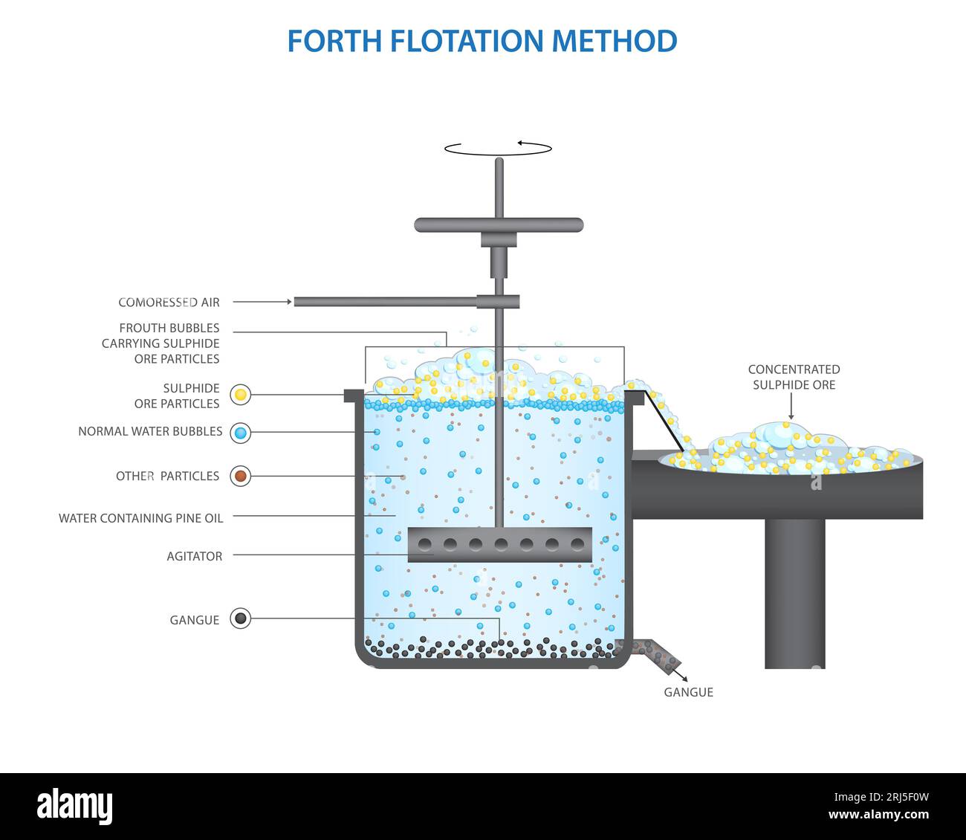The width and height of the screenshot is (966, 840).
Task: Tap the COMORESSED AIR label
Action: tap(169, 303)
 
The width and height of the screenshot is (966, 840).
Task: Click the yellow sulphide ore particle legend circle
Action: tap(240, 395)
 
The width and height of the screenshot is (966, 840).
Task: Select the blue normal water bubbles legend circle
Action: tap(240, 433)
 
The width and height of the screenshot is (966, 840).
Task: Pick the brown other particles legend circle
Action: tap(240, 476)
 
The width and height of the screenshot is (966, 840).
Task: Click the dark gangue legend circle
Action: tap(240, 618)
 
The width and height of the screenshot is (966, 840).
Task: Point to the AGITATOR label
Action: tap(194, 556)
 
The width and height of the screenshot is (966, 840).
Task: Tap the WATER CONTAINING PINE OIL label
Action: tap(140, 518)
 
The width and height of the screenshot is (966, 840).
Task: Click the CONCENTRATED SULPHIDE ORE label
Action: tap(794, 377)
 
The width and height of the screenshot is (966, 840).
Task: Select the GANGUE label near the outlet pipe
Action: tap(688, 692)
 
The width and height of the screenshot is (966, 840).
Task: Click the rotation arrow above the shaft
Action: tap(498, 148)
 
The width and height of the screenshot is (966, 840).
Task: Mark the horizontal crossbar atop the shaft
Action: tap(499, 224)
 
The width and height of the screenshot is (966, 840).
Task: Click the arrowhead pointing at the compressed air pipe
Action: tap(288, 302)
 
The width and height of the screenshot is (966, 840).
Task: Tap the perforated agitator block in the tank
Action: tap(500, 545)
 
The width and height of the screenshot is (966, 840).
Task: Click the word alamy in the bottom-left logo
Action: tap(75, 807)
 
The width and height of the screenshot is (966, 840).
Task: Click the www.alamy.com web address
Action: tap(878, 815)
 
